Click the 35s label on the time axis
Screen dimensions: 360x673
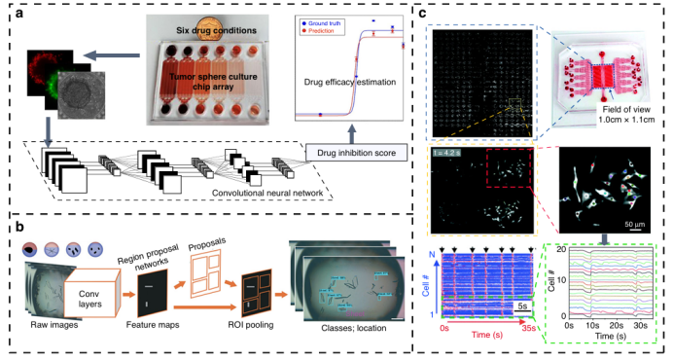click(530, 332)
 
